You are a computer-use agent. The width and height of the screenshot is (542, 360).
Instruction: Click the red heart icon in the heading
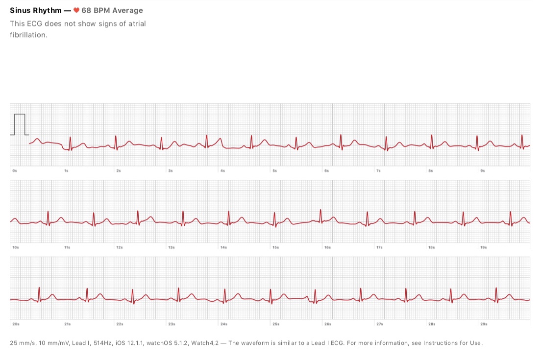pos(76,10)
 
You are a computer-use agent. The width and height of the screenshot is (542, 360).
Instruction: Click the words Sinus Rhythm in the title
pos(36,10)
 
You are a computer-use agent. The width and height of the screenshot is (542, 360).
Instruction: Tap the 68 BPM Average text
pos(112,10)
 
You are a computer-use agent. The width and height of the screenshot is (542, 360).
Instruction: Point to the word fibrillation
pos(28,35)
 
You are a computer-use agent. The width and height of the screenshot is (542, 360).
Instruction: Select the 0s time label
pos(15,171)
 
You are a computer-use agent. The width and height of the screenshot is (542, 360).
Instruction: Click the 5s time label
pos(275,171)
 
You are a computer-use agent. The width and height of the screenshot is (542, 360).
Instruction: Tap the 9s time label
pos(483,171)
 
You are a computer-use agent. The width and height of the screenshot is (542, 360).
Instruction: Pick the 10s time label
pos(16,248)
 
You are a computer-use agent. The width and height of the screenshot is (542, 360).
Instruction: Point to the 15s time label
pos(276,248)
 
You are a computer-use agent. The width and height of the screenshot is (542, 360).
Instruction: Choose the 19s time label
pos(484,248)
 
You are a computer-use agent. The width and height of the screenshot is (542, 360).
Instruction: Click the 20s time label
pos(16,324)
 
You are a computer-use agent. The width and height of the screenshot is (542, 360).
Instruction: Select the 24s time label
pos(224,324)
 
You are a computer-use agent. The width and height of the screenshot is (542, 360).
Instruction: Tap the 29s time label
pos(484,324)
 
